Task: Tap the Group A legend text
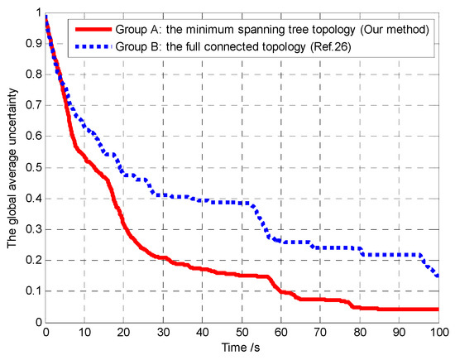(x=276, y=30)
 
